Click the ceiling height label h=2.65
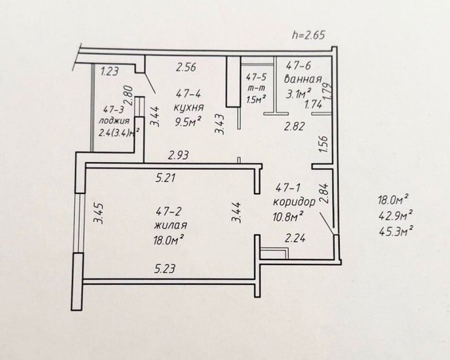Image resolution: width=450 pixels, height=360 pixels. pyautogui.click(x=309, y=35)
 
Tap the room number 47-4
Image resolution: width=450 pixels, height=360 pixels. pyautogui.click(x=189, y=93)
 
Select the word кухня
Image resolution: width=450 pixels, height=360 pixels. pyautogui.click(x=189, y=108)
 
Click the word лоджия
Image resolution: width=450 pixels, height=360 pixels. pyautogui.click(x=114, y=121)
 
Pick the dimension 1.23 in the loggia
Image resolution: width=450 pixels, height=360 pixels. pyautogui.click(x=109, y=71)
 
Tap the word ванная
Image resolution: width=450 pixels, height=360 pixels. pyautogui.click(x=302, y=79)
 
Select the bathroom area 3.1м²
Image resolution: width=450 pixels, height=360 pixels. pyautogui.click(x=298, y=93)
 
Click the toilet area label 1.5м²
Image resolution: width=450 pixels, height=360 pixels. pyautogui.click(x=256, y=99)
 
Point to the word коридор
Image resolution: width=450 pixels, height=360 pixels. pyautogui.click(x=294, y=203)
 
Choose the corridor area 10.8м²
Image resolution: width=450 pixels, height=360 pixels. pyautogui.click(x=289, y=217)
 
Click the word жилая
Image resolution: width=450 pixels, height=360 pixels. pyautogui.click(x=171, y=226)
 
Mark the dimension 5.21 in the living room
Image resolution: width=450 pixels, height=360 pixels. pyautogui.click(x=165, y=178)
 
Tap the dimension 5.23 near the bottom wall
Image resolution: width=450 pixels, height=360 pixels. pyautogui.click(x=165, y=269)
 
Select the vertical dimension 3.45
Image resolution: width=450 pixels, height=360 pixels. pyautogui.click(x=99, y=213)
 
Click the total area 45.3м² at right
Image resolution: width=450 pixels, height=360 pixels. pyautogui.click(x=396, y=231)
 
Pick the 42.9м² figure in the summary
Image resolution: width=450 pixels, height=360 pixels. pyautogui.click(x=396, y=215)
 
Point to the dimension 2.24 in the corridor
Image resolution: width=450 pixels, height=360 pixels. pyautogui.click(x=295, y=239)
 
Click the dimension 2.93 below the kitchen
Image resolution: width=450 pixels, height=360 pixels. pyautogui.click(x=179, y=156)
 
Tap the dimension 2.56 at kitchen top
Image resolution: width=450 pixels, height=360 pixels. pyautogui.click(x=186, y=67)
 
